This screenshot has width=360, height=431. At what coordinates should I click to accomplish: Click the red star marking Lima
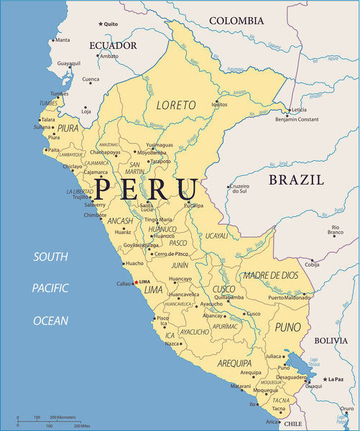(x=136, y=282)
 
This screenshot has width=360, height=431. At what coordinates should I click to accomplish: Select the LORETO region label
(x=176, y=105)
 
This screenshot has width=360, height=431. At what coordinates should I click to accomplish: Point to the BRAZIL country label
(x=296, y=180)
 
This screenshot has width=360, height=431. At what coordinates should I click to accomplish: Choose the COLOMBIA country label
(x=243, y=21)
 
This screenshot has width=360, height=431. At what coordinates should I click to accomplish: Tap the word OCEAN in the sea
(x=51, y=321)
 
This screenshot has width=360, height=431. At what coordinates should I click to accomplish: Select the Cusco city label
(x=253, y=314)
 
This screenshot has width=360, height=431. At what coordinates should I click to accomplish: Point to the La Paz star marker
(x=325, y=379)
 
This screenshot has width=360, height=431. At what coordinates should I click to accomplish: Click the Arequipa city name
(x=251, y=372)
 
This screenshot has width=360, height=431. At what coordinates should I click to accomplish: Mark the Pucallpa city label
(x=193, y=205)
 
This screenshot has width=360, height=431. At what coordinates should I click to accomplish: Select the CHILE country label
(x=293, y=425)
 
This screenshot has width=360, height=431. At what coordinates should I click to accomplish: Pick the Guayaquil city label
(x=69, y=63)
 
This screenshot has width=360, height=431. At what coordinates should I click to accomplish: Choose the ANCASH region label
(x=120, y=221)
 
